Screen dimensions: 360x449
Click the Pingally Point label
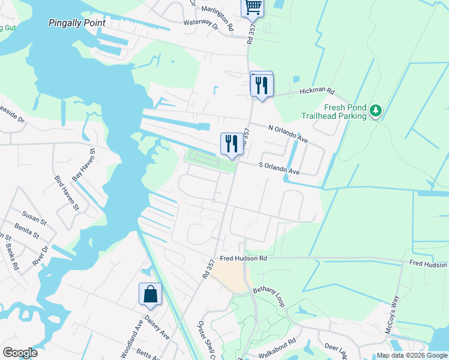pos(77,23)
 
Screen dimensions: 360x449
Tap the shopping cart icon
pos(253,7)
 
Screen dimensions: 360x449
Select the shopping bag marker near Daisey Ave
pos(150,294)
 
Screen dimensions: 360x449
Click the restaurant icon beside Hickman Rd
pos(262,84)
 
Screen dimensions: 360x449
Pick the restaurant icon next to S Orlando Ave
pos(232,144)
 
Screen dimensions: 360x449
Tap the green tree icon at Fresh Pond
pos(376,110)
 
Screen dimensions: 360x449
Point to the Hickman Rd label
pos(317,91)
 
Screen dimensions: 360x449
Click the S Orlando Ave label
pos(279,167)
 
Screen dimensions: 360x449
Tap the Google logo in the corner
pos(20,353)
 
